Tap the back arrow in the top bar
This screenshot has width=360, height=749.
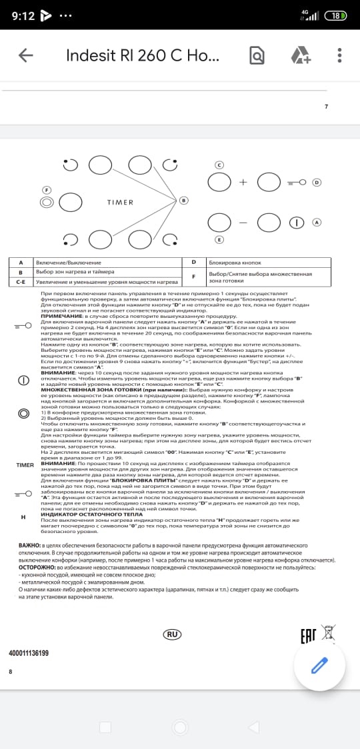26,55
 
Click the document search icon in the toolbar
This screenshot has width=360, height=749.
257,55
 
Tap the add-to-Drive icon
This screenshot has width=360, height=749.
299,55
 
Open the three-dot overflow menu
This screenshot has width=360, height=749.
340,55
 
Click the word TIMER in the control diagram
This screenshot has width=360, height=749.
120,202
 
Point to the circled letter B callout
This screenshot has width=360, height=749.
184,200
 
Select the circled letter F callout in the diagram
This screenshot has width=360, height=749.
47,189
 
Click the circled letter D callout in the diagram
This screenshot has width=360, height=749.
317,182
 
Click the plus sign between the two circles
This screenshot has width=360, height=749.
243,181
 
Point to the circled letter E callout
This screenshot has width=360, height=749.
218,239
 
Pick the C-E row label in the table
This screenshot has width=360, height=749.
21,282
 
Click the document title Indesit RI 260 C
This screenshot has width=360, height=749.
141,55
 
